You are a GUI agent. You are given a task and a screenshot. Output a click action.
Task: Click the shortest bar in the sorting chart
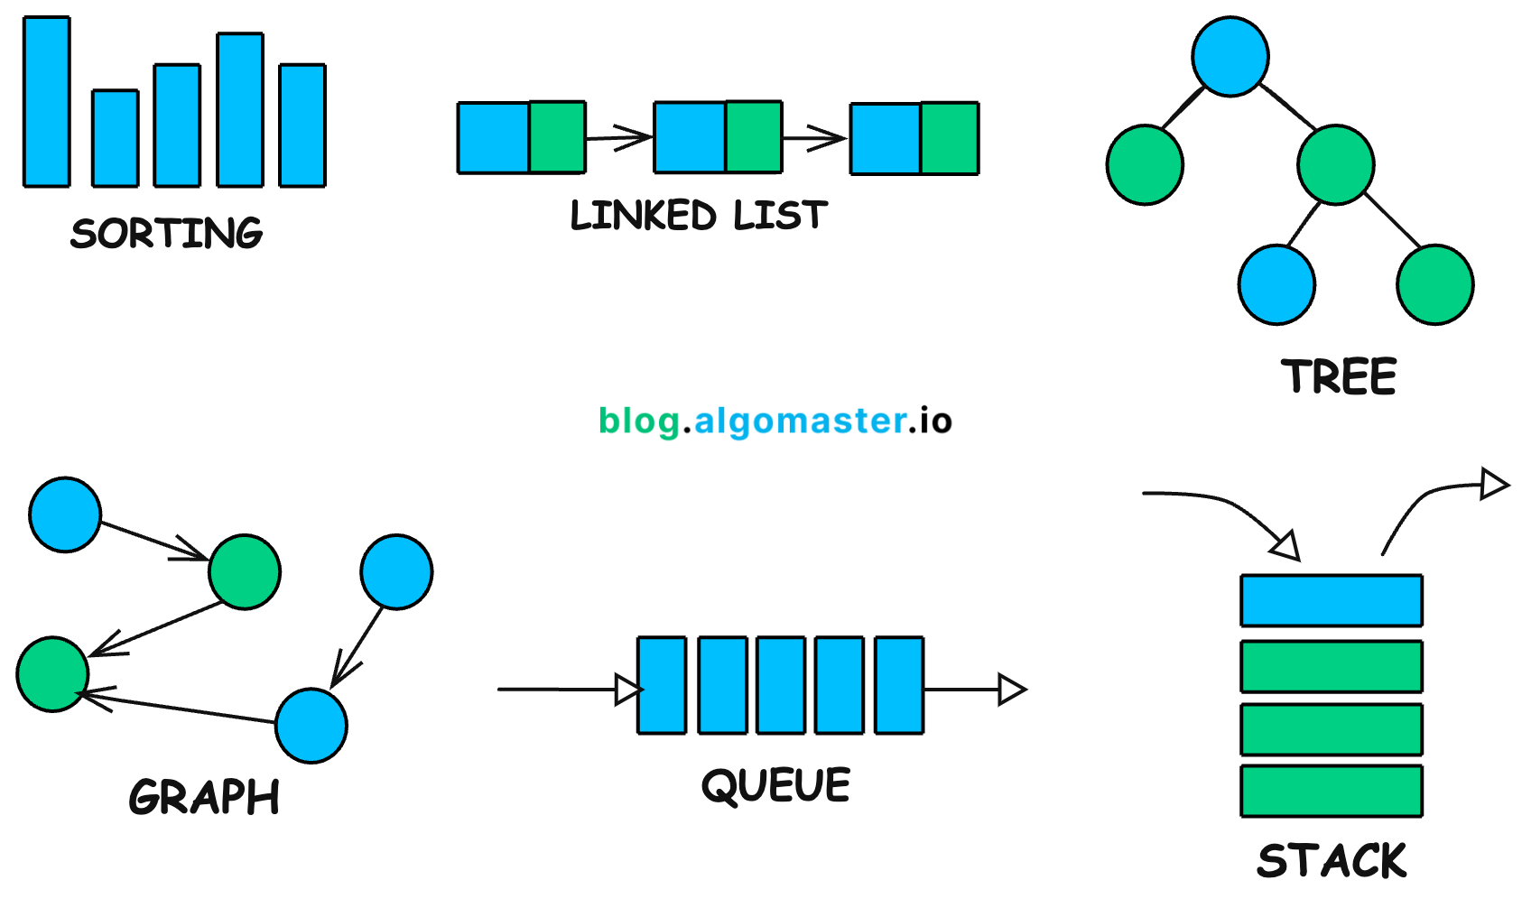[x=116, y=138]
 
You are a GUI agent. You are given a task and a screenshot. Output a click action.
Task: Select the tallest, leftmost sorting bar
[x=47, y=102]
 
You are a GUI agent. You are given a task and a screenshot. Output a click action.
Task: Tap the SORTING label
[x=167, y=234]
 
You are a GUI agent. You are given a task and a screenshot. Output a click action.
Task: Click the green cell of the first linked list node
[x=557, y=137]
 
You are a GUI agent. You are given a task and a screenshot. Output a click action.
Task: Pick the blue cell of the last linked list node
[x=886, y=138]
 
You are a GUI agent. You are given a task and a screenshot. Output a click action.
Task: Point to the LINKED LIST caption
[x=699, y=216]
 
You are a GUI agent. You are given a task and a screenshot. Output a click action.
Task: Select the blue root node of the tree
[x=1230, y=56]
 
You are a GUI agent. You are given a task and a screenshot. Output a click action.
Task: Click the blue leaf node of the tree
[x=1276, y=284]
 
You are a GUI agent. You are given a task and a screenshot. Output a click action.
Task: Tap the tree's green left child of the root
[x=1145, y=165]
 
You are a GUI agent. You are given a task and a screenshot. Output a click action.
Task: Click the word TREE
[x=1339, y=376]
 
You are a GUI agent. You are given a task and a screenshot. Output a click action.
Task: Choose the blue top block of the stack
[x=1332, y=600]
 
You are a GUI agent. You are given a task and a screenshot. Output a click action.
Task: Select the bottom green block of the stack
[x=1332, y=791]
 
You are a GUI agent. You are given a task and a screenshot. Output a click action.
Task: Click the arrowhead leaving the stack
[x=1494, y=484]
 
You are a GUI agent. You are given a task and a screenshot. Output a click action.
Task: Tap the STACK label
[x=1332, y=860]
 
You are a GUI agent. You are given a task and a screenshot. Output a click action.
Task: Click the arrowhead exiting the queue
[x=1011, y=690]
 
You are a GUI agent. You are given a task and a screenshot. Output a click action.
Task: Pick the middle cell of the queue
[x=781, y=685]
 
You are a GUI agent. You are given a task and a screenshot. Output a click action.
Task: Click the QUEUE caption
[x=776, y=785]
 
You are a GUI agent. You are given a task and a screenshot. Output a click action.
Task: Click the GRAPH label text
[x=204, y=797]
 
